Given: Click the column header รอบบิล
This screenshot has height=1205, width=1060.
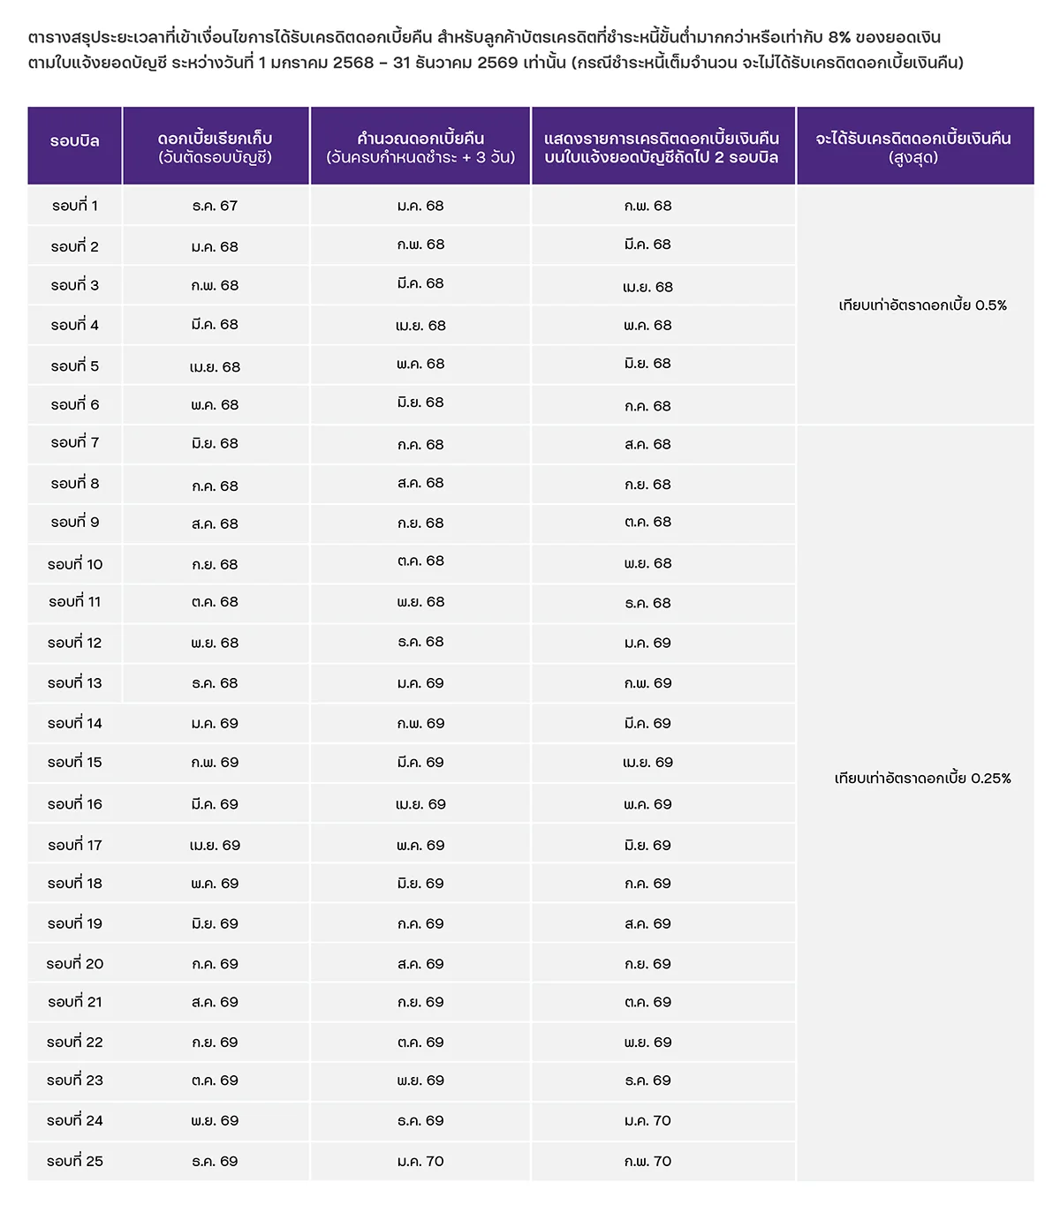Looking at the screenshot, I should coord(75,141).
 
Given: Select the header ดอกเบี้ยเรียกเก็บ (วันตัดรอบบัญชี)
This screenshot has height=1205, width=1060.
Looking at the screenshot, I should coord(215,147).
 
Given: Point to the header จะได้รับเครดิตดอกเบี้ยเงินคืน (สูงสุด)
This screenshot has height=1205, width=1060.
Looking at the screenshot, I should coord(913,147).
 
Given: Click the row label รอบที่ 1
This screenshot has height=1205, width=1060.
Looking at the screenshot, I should coord(75,206).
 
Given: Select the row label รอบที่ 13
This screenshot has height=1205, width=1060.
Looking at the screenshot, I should coord(75,683).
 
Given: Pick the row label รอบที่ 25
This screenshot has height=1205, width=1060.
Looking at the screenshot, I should coord(75,1161).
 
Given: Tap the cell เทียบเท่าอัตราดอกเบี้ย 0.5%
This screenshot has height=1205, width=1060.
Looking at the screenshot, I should coord(922,305).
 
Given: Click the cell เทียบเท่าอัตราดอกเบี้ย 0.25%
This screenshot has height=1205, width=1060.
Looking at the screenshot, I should coord(922,779).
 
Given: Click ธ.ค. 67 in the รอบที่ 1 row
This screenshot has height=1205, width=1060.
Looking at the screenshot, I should coord(215,206).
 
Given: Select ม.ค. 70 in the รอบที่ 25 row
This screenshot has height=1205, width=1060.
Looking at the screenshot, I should coord(420,1161).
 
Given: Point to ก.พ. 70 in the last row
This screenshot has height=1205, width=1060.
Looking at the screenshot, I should coord(647,1161).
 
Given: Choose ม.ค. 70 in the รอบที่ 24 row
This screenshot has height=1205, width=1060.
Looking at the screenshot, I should coord(647,1120).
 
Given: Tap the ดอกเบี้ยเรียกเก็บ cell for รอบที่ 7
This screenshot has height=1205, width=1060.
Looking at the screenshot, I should coord(215,444).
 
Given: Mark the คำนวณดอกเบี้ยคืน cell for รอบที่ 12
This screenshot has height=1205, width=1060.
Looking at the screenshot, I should coord(420,642).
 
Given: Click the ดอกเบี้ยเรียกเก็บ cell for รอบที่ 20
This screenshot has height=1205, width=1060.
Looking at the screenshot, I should coord(215,964).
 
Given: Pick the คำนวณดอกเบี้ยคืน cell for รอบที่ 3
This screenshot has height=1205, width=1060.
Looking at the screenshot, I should coord(420,284).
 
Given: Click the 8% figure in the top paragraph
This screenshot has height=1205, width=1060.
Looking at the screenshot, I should coord(839,38).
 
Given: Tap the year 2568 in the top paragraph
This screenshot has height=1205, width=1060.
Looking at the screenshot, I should coord(353,64).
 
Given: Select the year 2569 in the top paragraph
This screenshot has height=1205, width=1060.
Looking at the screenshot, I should coord(497,64).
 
